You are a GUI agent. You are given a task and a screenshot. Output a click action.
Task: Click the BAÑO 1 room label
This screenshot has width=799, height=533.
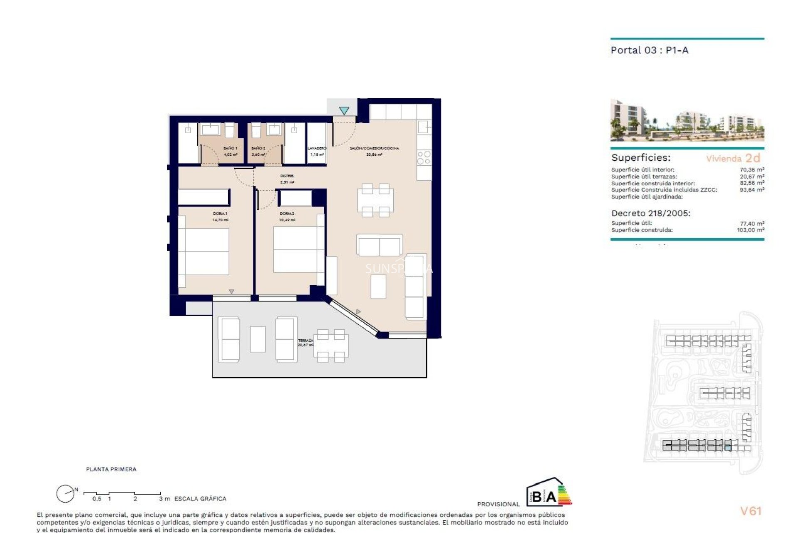tap(230, 148)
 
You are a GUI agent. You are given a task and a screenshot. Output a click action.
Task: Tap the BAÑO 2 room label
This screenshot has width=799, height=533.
tap(258, 148)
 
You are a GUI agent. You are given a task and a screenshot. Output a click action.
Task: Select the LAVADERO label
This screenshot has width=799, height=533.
tap(317, 148)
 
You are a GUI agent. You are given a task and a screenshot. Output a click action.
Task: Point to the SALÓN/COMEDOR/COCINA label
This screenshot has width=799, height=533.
tap(374, 148)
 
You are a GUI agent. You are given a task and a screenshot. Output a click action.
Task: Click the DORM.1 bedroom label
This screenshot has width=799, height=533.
tap(220, 214)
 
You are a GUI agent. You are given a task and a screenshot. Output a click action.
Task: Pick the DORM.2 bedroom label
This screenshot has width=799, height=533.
tap(287, 214)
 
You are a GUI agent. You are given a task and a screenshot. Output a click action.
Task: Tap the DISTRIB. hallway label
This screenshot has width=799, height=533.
tap(287, 176)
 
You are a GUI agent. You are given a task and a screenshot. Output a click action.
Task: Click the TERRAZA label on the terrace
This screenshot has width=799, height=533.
tap(305, 341)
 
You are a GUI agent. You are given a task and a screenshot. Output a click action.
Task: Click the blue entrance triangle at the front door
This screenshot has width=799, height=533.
tap(344, 111)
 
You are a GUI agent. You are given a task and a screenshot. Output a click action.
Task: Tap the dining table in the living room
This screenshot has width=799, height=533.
tap(375, 200)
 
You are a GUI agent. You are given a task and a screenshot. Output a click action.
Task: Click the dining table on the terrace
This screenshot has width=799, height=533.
tap(331, 346)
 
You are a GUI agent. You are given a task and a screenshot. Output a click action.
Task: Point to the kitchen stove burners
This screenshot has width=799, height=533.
tap(424, 158)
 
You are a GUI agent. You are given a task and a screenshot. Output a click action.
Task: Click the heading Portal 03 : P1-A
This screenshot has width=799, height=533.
tap(649, 50)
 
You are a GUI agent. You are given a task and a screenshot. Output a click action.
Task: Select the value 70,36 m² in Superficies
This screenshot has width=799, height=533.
tap(752, 169)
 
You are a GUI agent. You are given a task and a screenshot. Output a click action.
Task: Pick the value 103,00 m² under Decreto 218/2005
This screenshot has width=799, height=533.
tap(750, 230)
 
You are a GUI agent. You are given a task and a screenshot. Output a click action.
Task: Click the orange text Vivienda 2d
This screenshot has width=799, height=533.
tap(733, 158)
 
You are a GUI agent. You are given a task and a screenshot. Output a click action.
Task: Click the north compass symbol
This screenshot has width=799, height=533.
tap(66, 494)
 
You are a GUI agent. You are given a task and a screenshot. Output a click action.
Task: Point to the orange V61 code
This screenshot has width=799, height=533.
tap(750, 511)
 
